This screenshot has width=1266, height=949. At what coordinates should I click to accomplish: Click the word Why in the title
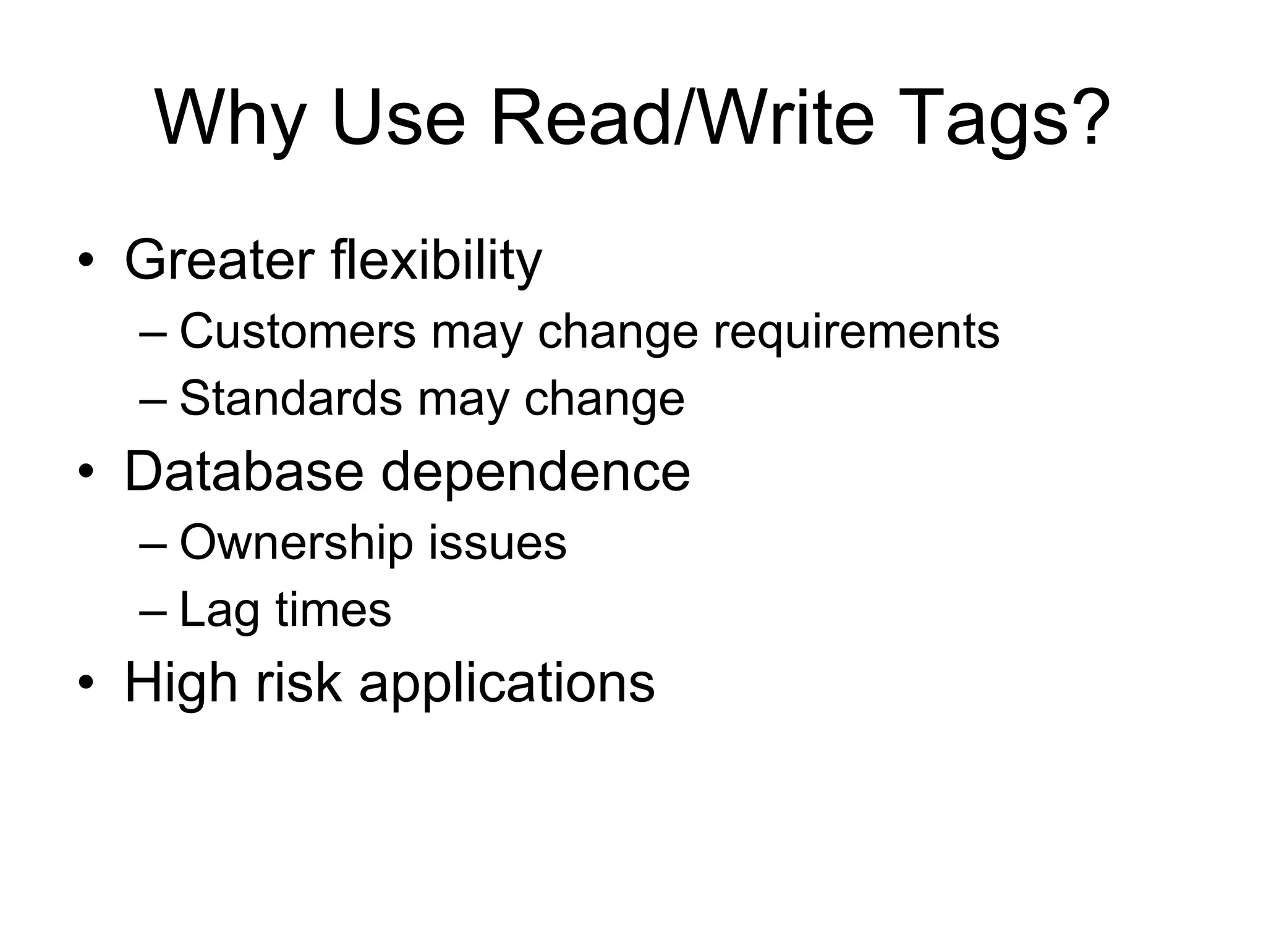[x=231, y=119]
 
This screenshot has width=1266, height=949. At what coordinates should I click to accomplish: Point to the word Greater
[x=219, y=260]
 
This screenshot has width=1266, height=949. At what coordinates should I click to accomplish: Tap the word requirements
[x=856, y=332]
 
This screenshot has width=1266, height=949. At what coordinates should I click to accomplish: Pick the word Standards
[x=291, y=399]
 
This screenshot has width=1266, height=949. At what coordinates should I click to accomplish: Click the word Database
[x=244, y=471]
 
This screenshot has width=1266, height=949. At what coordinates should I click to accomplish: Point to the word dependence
[x=535, y=471]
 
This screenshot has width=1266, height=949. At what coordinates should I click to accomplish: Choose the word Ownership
[x=296, y=543]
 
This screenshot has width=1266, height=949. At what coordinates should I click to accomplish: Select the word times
[x=333, y=610]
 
